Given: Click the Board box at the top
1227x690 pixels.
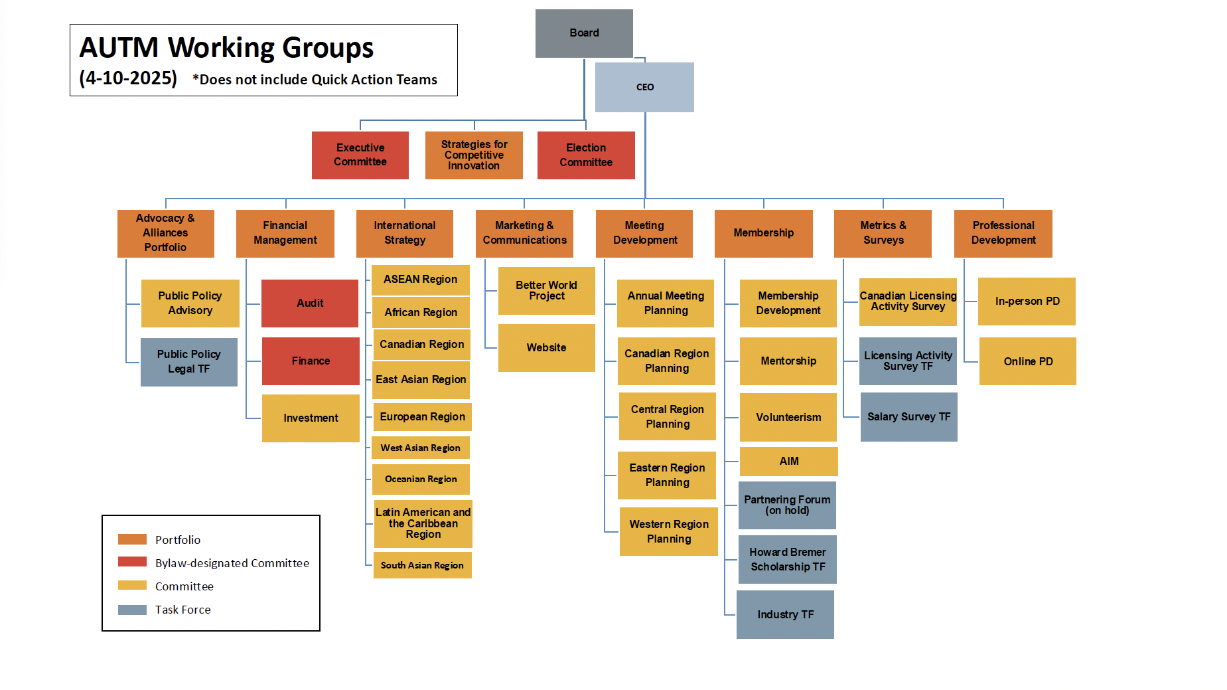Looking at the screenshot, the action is (584, 33).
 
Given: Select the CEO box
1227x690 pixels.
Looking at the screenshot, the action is (644, 87).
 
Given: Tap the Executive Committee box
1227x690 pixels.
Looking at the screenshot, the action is (360, 155).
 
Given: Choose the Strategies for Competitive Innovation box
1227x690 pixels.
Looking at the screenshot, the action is (474, 155).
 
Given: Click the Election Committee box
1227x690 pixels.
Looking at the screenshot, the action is (586, 155).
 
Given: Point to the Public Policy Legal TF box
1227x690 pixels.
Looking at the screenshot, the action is (189, 362).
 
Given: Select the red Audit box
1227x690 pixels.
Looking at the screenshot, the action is (310, 303).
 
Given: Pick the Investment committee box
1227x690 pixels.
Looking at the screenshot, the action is (311, 418).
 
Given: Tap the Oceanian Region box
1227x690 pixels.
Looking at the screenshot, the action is (421, 479).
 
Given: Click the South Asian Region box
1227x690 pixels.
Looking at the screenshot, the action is (423, 565).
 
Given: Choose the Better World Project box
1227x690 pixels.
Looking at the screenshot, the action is (547, 291).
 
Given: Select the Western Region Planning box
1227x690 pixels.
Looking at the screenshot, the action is (669, 531).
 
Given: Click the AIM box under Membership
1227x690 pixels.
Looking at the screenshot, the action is (789, 462).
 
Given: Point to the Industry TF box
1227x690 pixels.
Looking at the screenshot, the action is (785, 614).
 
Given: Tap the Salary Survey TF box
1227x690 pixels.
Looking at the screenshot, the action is (909, 417).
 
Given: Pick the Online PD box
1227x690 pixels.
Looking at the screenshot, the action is (1028, 361).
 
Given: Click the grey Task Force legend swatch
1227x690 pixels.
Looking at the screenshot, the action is (132, 610).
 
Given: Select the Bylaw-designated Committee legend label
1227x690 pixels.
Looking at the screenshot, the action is (232, 563).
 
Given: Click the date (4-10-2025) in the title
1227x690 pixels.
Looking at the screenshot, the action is (128, 78).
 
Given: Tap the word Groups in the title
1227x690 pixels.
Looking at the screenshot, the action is (328, 48).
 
